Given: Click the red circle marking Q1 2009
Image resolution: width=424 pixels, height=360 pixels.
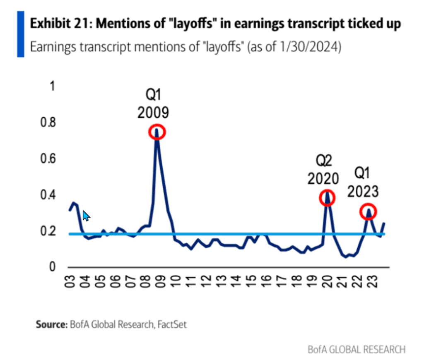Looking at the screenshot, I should pyautogui.click(x=157, y=132).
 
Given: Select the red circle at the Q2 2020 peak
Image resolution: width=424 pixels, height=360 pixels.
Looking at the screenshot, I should pyautogui.click(x=327, y=198).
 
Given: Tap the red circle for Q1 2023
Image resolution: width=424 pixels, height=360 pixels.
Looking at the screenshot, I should pyautogui.click(x=368, y=212).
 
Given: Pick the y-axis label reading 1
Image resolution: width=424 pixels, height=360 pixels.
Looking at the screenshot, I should pyautogui.click(x=52, y=87).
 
